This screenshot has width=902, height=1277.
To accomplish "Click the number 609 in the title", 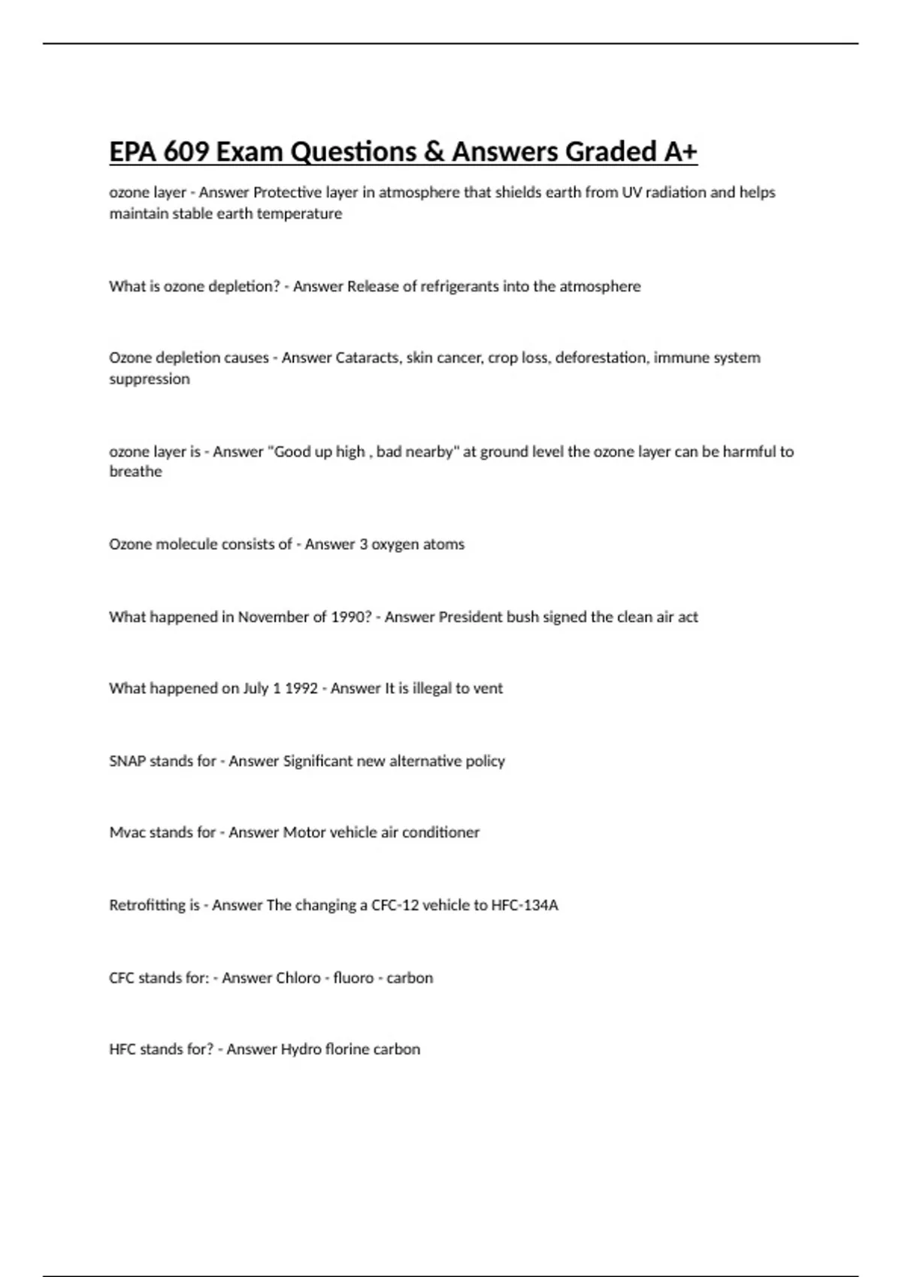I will coord(186,152).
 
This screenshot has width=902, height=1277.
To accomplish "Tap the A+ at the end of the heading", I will coord(680,152).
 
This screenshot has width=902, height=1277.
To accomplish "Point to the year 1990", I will coord(351,617).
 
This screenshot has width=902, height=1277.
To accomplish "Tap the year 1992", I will coord(301,688).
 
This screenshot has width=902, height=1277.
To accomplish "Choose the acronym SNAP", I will coord(127,761).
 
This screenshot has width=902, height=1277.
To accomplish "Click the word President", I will coord(471,617).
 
